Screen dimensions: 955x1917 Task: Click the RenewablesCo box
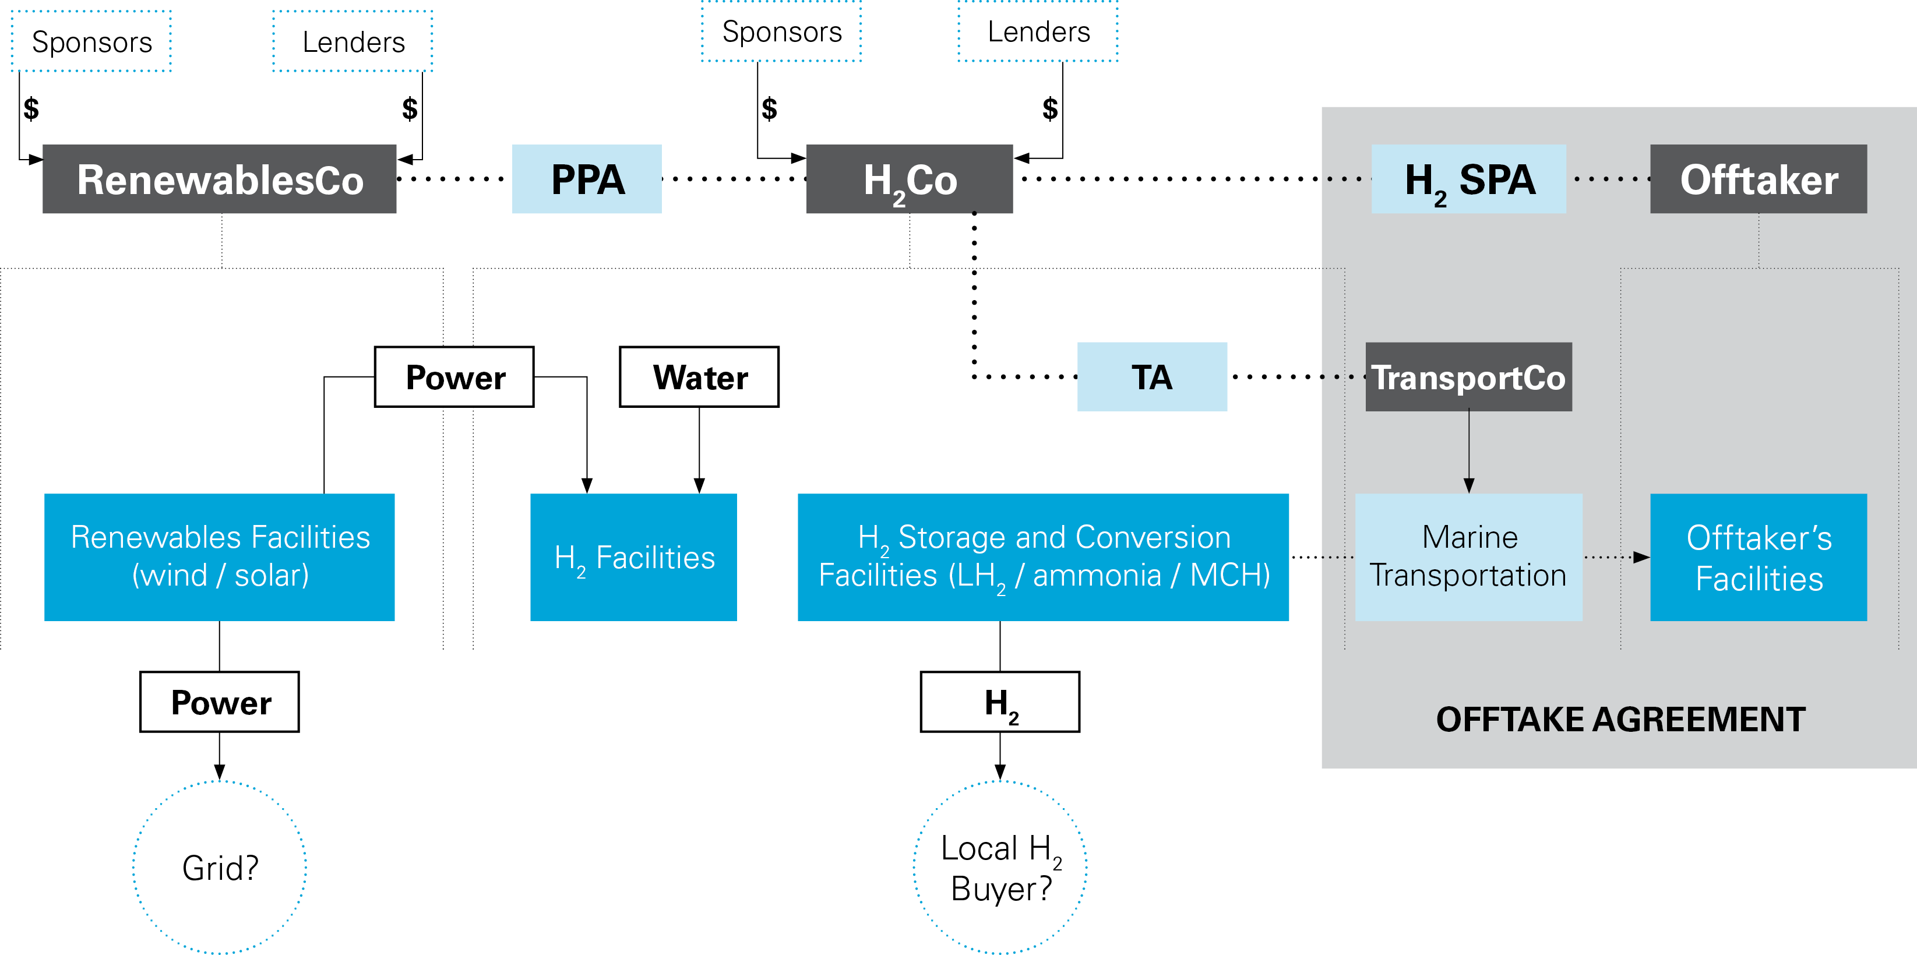[x=220, y=179]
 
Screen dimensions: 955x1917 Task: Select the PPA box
[x=586, y=179]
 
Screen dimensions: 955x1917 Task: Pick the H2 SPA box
[x=1468, y=179]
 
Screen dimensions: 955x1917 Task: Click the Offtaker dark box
[x=1758, y=179]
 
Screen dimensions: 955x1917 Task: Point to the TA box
[x=1151, y=376]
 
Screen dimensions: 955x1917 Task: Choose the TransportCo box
[x=1468, y=376]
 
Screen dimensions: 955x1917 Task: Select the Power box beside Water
[x=454, y=376]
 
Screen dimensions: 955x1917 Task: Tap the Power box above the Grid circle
[x=220, y=702]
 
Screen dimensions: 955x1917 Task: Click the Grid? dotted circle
[x=220, y=867]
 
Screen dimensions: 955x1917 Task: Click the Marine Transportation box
[x=1468, y=557]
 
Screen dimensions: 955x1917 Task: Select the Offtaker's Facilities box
[x=1758, y=557]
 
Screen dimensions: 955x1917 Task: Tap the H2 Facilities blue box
[x=633, y=557]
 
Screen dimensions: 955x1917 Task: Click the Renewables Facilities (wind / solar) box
[x=220, y=557]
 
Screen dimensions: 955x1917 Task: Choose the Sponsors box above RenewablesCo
[x=91, y=42]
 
